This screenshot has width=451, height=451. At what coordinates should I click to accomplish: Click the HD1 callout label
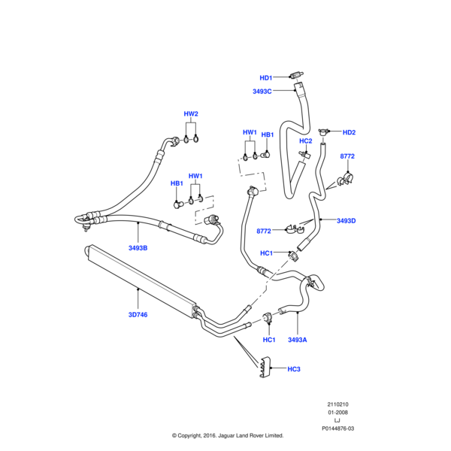266,77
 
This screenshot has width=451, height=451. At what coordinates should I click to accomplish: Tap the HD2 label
349,133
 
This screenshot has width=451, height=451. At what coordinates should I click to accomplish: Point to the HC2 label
306,141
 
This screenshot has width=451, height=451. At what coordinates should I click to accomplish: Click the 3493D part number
347,220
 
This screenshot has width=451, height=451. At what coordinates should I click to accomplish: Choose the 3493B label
138,247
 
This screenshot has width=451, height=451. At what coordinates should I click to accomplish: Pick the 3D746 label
138,314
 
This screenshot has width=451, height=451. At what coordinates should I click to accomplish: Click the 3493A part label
298,340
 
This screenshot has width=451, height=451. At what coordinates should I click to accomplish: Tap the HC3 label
294,369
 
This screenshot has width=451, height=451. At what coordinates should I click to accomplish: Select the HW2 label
191,114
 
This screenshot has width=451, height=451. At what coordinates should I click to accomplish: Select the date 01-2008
337,413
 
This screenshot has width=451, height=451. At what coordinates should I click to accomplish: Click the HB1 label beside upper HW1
267,135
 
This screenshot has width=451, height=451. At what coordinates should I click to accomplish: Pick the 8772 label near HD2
347,156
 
